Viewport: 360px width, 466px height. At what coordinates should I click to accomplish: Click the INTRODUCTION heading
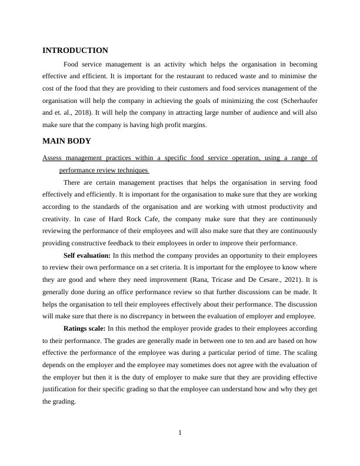point(75,51)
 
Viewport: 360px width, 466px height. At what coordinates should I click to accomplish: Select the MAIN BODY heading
point(66,141)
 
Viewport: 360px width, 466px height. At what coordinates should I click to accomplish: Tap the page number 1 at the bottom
point(180,434)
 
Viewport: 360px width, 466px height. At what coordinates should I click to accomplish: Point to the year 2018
point(91,114)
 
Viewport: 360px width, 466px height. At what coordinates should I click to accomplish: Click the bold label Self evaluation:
point(87,255)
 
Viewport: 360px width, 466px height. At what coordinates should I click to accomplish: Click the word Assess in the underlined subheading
point(52,158)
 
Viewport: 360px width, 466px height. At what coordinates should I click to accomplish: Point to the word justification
point(63,390)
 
